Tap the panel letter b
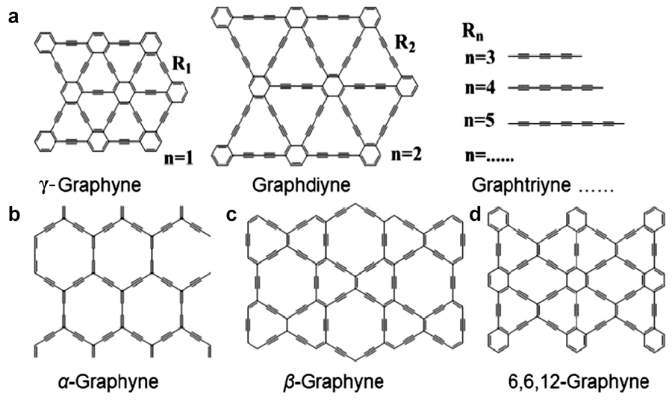point(14,215)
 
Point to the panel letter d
point(476,215)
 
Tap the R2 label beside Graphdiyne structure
point(405,43)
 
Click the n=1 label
point(178,158)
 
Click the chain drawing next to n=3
point(545,56)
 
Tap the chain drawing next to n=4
point(556,88)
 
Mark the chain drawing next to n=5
point(566,124)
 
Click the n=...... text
point(489,156)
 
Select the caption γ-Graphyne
point(90,185)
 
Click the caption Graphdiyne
point(302,185)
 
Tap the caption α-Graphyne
point(108,382)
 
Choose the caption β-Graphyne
point(333,382)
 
